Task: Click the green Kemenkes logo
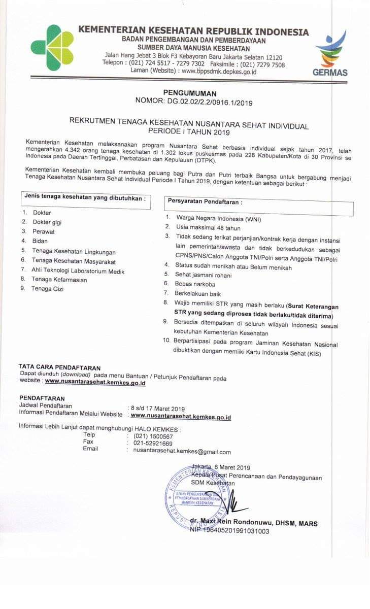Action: pyautogui.click(x=52, y=49)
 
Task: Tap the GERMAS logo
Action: pyautogui.click(x=330, y=54)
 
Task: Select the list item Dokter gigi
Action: pyautogui.click(x=47, y=222)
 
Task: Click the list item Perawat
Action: pyautogui.click(x=44, y=231)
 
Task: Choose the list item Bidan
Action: pyautogui.click(x=40, y=241)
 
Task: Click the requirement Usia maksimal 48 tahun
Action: pyautogui.click(x=208, y=228)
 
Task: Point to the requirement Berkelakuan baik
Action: pyautogui.click(x=198, y=293)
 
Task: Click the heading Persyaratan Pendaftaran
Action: pyautogui.click(x=205, y=201)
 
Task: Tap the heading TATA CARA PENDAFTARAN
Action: pyautogui.click(x=59, y=367)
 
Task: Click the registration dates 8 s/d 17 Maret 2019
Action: pyautogui.click(x=158, y=408)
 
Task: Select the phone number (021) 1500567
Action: pyautogui.click(x=153, y=436)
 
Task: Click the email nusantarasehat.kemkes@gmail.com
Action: pyautogui.click(x=182, y=452)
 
